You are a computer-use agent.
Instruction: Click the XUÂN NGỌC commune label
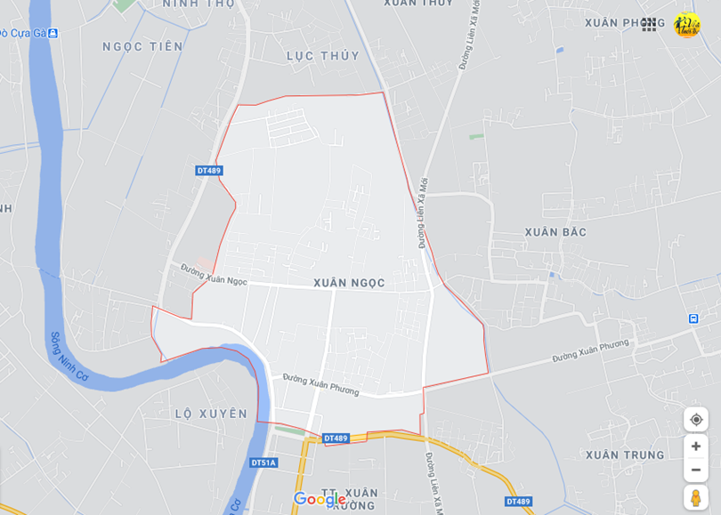(x=349, y=283)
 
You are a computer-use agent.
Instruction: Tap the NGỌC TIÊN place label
(x=142, y=46)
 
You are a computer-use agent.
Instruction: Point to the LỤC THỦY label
(x=323, y=55)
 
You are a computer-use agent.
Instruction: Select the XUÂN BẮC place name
(x=555, y=232)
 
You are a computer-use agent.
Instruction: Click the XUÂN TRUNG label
(x=625, y=455)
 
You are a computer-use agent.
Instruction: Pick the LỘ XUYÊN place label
(x=211, y=414)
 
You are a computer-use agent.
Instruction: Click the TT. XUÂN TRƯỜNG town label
(x=349, y=498)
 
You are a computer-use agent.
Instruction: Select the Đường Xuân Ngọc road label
(x=214, y=273)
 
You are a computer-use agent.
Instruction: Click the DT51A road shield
(x=263, y=463)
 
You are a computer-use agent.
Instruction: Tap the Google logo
(x=319, y=499)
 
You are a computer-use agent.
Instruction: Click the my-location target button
(x=696, y=420)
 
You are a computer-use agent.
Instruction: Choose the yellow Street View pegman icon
(x=696, y=498)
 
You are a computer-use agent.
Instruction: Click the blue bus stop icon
(x=693, y=318)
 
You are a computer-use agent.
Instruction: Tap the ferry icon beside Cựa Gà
(x=53, y=33)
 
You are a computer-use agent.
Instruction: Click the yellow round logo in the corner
(x=687, y=25)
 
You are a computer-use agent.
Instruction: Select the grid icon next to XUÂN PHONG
(x=649, y=25)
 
